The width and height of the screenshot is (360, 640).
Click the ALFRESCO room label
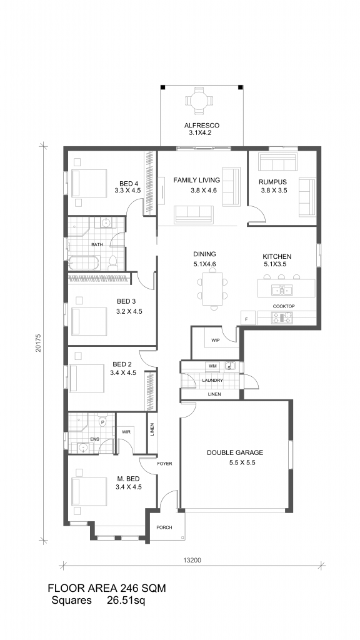[x=202, y=126]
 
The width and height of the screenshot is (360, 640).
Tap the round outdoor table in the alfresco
[x=199, y=99]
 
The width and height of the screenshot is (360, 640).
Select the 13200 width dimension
[x=192, y=561]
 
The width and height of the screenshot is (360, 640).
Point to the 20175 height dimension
[x=38, y=344]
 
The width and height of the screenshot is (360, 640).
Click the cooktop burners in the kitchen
[x=282, y=317]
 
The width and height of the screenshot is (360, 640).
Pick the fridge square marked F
[x=247, y=318]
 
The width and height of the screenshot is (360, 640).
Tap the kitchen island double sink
[x=282, y=290]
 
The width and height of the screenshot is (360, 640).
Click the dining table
[x=211, y=289]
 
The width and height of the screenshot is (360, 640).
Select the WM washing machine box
[x=212, y=366]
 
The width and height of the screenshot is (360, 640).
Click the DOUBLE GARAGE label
[x=235, y=452]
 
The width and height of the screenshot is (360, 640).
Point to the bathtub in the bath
[x=84, y=263]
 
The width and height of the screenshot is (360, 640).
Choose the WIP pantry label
[x=215, y=340]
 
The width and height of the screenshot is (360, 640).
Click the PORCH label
[x=164, y=527]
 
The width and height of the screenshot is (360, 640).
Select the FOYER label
[x=164, y=464]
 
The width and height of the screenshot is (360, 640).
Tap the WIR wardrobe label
[x=126, y=432]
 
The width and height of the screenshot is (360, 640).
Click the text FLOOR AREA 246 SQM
[x=107, y=588]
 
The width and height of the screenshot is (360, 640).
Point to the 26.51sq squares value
[x=126, y=601]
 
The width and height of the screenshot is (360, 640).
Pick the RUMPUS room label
[x=272, y=182]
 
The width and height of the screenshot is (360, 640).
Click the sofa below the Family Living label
[x=194, y=214]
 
